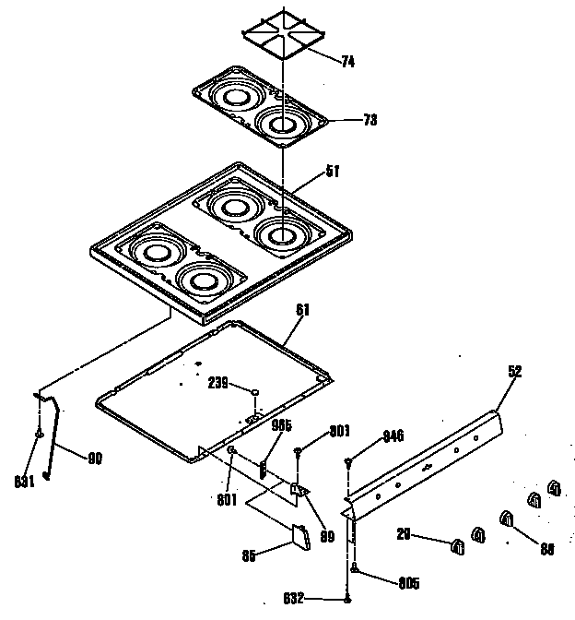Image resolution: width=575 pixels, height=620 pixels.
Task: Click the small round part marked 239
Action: point(252,393)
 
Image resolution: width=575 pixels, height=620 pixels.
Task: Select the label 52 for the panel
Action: point(514,371)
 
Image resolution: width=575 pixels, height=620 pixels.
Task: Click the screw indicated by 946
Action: point(348,461)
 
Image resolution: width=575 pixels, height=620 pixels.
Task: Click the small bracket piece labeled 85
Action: point(300,537)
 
